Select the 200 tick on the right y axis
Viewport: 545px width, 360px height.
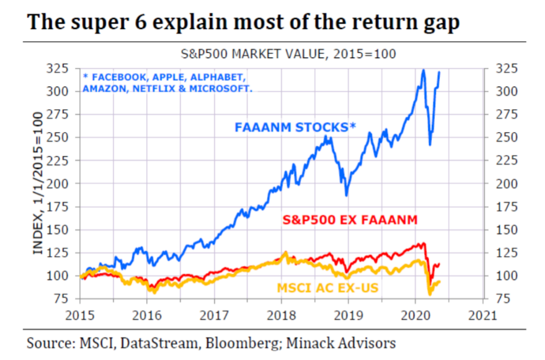pos(503,184)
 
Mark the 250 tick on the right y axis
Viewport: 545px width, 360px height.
pos(503,138)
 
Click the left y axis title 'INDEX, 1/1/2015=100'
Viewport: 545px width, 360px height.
pos(39,183)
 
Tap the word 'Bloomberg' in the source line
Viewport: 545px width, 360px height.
pos(252,343)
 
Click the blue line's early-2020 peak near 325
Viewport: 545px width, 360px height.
pos(423,70)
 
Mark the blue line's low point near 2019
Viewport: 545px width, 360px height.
pos(347,195)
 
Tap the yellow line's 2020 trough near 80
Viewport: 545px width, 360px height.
pos(429,294)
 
